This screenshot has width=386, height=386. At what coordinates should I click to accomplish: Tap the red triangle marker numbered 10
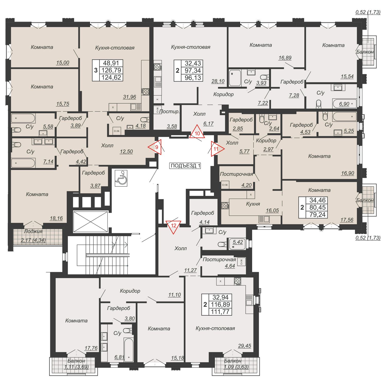tap(197, 132)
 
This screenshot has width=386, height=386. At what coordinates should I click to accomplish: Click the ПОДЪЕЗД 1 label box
tap(185, 166)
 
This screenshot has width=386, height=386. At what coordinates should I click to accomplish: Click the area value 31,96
tap(129, 97)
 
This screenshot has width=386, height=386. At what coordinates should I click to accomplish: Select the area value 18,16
tap(56, 218)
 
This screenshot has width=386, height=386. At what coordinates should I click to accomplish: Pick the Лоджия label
tap(33, 231)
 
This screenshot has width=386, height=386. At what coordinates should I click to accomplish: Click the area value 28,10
tap(218, 81)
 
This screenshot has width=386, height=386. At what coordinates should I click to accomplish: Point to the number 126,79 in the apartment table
tap(111, 70)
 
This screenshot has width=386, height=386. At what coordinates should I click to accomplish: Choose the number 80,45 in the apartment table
tap(318, 207)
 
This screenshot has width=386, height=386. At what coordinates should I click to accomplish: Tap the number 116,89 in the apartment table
tap(221, 305)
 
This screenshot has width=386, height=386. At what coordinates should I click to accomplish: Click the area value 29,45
tap(244, 346)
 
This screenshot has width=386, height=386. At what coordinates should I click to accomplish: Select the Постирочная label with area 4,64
tap(219, 259)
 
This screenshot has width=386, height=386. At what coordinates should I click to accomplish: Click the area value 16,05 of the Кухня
tap(272, 210)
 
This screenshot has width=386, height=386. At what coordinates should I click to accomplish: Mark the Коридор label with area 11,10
tap(130, 291)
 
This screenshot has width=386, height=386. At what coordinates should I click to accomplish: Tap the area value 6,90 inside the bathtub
tap(344, 104)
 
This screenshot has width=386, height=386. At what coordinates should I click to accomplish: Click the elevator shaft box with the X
tap(91, 222)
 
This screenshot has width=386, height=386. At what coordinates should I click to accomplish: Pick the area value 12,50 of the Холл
tap(126, 152)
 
